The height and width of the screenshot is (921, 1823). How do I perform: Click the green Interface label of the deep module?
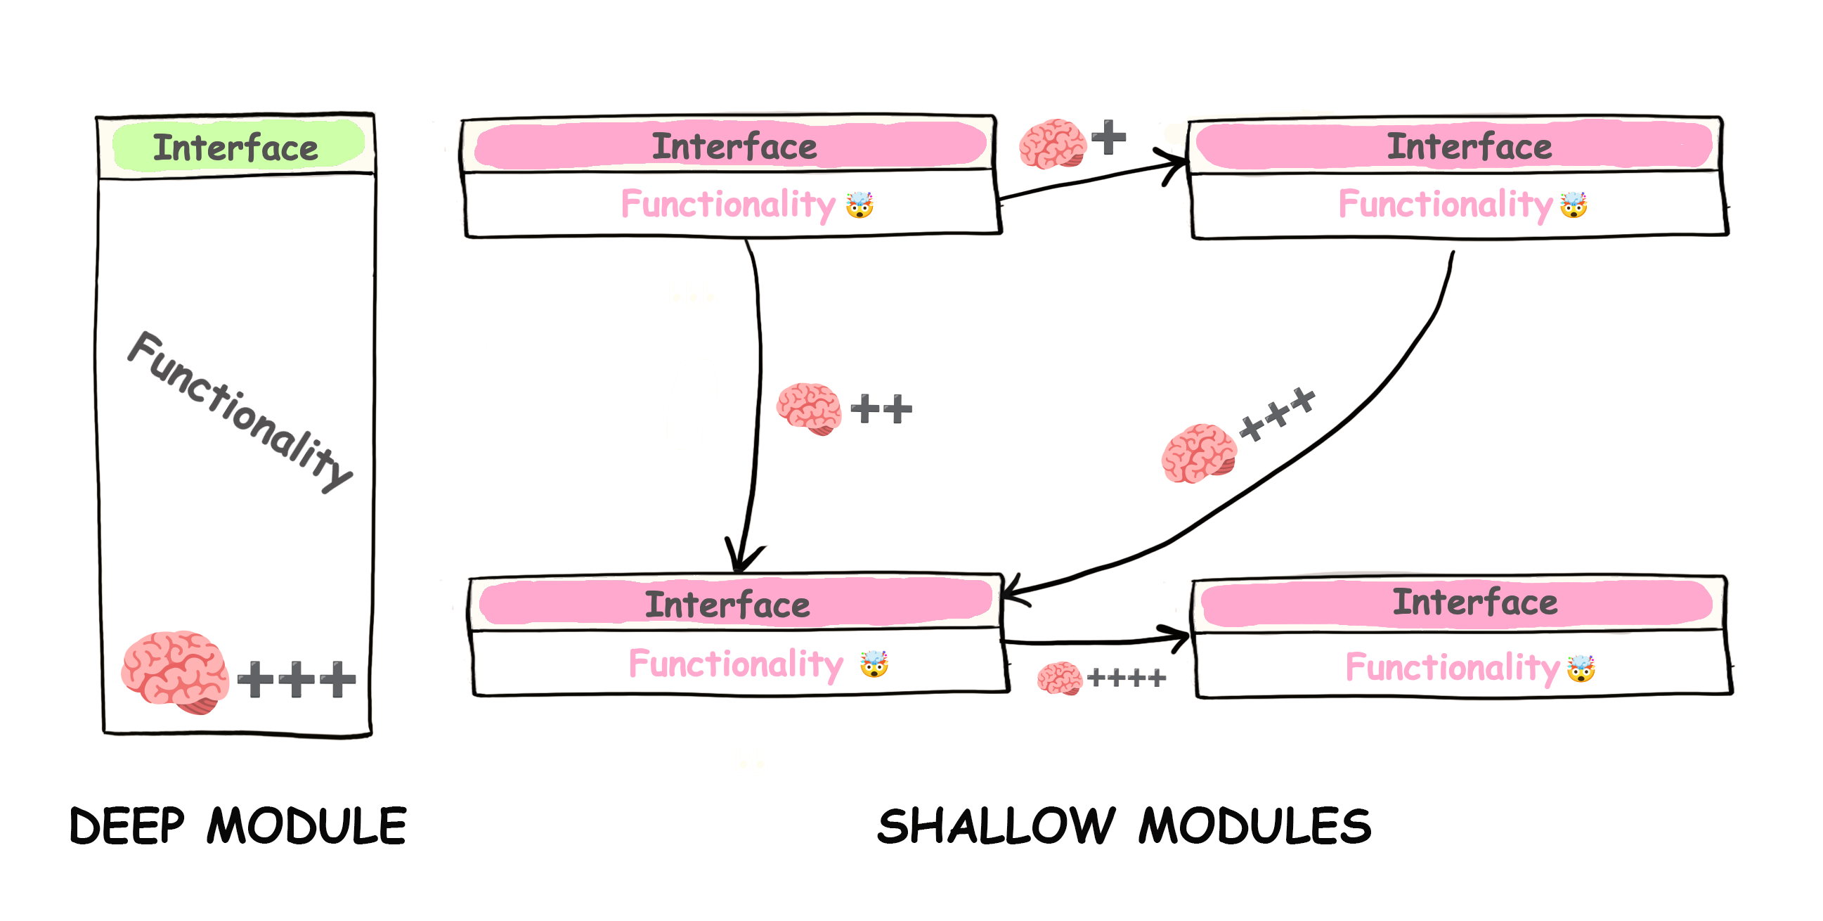[x=235, y=147]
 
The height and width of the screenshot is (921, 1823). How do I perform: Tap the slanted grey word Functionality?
[x=240, y=411]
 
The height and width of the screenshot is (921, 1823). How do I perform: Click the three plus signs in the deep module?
[x=297, y=680]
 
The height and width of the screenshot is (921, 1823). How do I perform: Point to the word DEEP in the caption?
[x=127, y=825]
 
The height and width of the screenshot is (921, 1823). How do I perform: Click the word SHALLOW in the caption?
[x=997, y=825]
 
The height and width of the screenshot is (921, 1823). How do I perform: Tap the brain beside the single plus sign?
[x=1052, y=143]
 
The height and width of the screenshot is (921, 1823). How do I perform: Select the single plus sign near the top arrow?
[x=1108, y=136]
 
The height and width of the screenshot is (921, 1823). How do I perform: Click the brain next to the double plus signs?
[x=809, y=408]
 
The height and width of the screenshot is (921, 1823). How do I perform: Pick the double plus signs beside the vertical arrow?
[x=881, y=409]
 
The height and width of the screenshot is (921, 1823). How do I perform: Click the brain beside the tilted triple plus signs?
[x=1199, y=453]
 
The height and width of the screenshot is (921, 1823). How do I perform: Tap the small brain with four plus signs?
[x=1059, y=678]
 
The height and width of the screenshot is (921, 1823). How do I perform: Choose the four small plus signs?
[x=1127, y=678]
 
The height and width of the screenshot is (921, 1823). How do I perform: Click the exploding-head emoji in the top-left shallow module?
[x=859, y=205]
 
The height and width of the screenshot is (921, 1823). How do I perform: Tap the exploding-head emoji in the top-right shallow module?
[x=1574, y=205]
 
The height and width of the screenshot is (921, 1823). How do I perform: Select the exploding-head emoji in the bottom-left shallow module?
[x=874, y=664]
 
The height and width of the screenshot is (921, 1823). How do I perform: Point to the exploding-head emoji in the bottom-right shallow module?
[x=1581, y=669]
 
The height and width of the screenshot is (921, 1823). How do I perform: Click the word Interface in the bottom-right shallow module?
[x=1475, y=602]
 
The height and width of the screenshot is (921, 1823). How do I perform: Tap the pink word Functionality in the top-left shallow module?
[x=728, y=205]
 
